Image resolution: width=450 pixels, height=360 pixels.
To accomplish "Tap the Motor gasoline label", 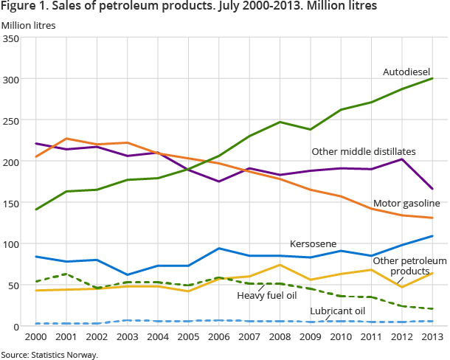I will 406,203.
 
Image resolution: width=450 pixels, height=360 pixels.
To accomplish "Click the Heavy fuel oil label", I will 267,295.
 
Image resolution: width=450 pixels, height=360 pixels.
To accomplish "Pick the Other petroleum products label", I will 409,266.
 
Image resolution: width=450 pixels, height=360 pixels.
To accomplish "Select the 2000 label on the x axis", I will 36,337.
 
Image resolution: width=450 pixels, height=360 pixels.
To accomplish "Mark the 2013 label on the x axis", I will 432,337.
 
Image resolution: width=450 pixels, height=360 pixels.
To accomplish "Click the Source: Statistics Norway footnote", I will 49,354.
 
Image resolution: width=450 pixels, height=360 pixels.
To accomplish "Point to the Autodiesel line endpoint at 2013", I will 432,78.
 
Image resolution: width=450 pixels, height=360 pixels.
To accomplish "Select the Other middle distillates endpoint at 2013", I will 432,189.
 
